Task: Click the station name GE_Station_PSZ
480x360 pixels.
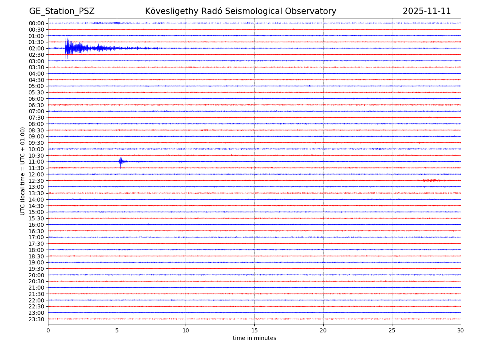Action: (x=62, y=11)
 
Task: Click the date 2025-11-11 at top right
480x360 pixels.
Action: (x=426, y=11)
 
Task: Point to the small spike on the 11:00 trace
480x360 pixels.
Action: (x=121, y=162)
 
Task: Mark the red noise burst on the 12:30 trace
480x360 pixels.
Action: (x=431, y=180)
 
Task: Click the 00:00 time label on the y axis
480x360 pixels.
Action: (x=36, y=23)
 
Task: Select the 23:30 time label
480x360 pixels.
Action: (x=36, y=319)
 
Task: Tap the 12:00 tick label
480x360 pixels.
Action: (x=36, y=174)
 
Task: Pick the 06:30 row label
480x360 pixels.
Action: (x=36, y=105)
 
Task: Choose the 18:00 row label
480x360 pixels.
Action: (x=36, y=250)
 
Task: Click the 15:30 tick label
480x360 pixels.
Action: (x=36, y=218)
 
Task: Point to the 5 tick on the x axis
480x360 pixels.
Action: (x=117, y=331)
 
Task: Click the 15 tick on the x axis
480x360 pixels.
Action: (x=254, y=331)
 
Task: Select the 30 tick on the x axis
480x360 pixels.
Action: (x=461, y=331)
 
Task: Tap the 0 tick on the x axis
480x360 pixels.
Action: (x=48, y=331)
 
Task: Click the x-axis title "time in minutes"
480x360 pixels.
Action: (x=254, y=338)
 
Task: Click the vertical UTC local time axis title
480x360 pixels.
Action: (x=23, y=171)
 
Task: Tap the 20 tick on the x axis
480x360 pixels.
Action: (x=323, y=331)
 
